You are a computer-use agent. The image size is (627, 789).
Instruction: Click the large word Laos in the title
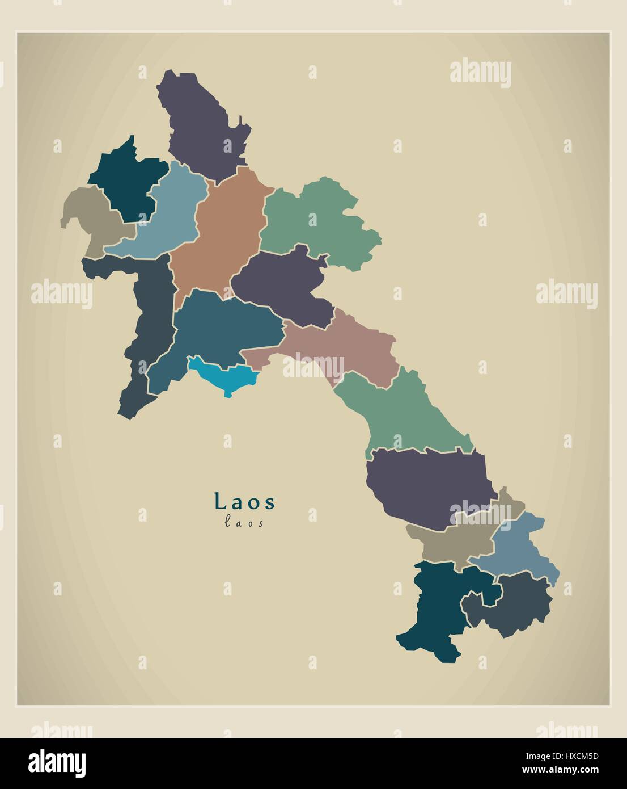click(x=244, y=502)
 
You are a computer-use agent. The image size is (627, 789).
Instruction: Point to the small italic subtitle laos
click(x=244, y=523)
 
